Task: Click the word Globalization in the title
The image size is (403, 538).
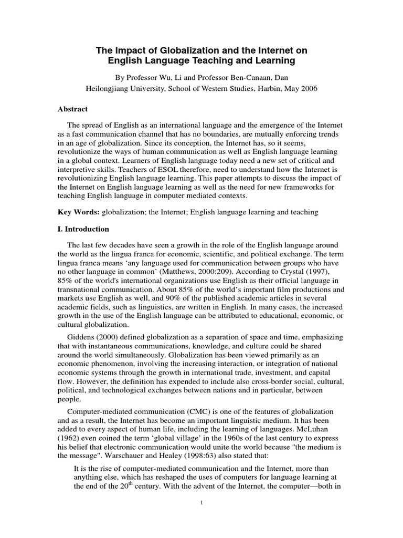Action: tap(186, 50)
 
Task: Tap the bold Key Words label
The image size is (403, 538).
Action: tap(78, 213)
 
